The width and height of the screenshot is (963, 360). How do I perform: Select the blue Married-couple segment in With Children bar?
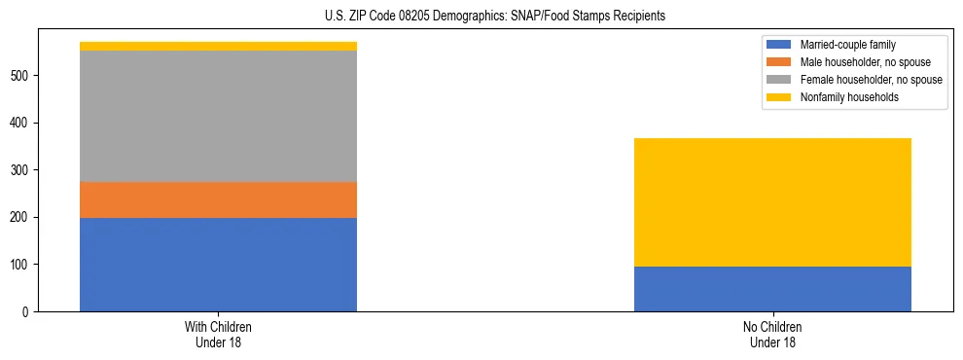click(x=218, y=264)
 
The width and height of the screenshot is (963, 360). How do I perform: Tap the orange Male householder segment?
click(x=218, y=199)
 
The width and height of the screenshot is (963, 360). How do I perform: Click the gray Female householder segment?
click(x=218, y=116)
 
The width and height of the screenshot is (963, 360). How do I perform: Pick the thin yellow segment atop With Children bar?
click(x=218, y=46)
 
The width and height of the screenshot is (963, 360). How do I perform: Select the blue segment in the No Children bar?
click(x=772, y=289)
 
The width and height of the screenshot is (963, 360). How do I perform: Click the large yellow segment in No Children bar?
click(x=772, y=202)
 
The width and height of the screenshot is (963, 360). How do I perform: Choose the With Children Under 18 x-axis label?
click(x=218, y=335)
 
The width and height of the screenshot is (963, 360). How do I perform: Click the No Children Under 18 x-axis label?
click(x=772, y=335)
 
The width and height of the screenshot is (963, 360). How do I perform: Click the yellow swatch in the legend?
click(x=779, y=97)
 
